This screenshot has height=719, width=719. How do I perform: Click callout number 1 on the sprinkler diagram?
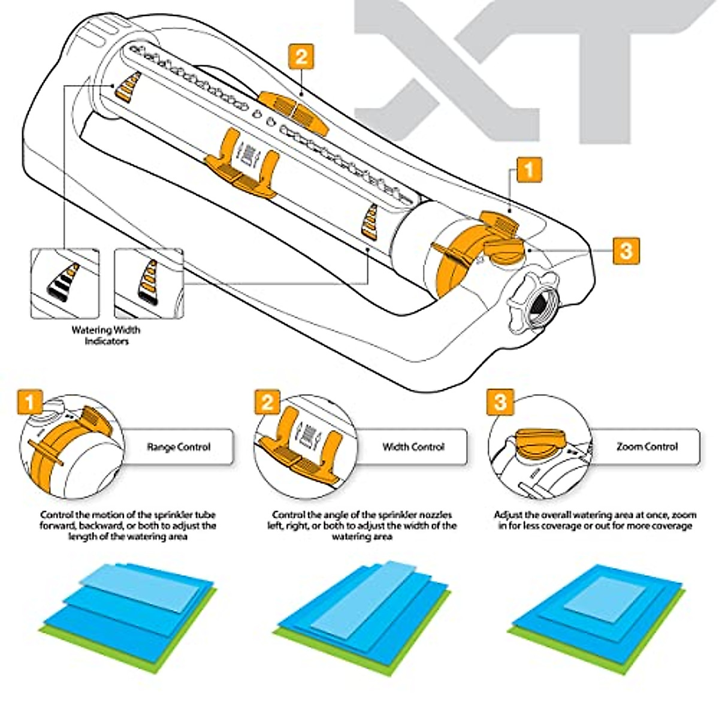[x=528, y=170]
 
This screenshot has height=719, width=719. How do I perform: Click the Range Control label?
[x=179, y=447]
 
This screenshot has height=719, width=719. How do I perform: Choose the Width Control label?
[x=413, y=447]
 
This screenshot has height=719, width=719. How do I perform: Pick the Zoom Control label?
[x=647, y=447]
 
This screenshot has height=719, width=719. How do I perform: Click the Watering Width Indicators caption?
[x=106, y=336]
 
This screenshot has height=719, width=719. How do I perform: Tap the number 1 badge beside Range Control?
[x=30, y=401]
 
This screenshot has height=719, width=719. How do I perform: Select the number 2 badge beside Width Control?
[x=267, y=401]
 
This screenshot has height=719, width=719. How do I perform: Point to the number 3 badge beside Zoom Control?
[x=500, y=401]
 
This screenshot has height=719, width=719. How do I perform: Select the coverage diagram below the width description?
[x=362, y=605]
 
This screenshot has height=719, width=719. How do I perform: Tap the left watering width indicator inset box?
[x=65, y=283]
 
